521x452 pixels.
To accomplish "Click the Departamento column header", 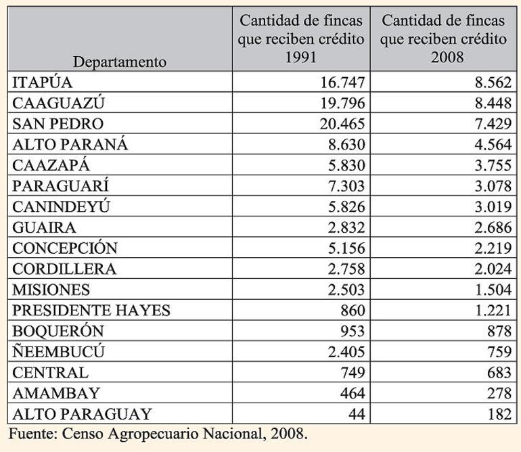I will (x=120, y=62).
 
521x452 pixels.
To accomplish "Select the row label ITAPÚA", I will (x=42, y=83).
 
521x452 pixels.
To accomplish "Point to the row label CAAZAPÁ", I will (x=51, y=166).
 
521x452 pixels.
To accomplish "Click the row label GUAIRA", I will (x=44, y=227).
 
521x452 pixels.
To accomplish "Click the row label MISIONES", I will (x=51, y=290).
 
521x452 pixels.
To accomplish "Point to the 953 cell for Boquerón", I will (x=353, y=331).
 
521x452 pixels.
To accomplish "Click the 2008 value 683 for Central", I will (x=497, y=372).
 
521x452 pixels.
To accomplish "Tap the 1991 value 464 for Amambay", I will (x=353, y=393).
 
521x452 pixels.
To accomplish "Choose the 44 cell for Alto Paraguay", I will (x=357, y=413).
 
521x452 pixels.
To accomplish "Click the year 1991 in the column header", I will (x=301, y=57).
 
